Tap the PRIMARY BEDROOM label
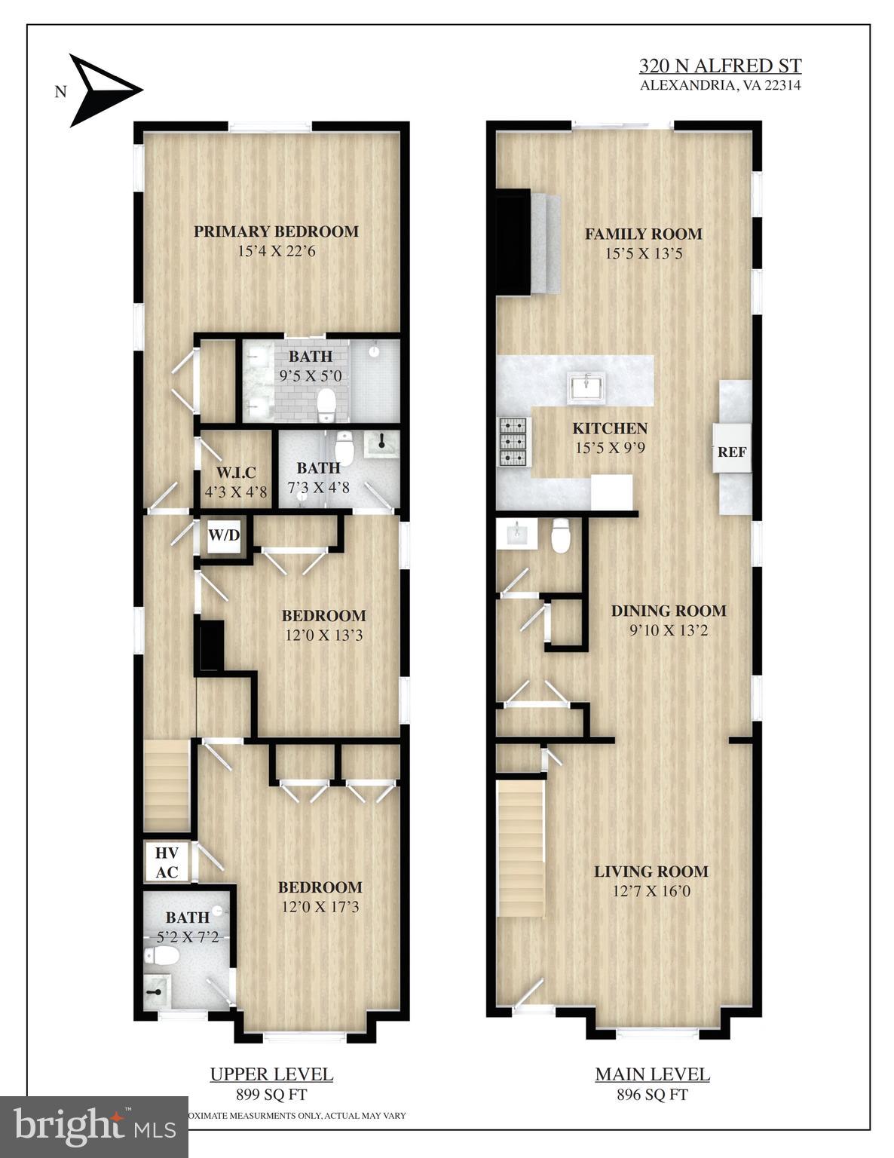coord(276,231)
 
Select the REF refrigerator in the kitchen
coord(732,452)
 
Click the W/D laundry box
coord(224,536)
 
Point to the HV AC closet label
coord(167,862)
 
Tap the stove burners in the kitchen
coord(516,440)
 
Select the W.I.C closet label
coord(236,473)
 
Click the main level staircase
coord(521,848)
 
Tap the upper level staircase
coord(167,784)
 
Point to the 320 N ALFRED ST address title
coord(720,66)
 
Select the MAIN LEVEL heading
coord(652,1074)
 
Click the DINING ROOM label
coord(669,611)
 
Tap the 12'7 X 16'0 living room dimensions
coord(651,891)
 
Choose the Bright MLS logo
coord(94,1126)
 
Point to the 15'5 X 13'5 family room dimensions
coord(643,253)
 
